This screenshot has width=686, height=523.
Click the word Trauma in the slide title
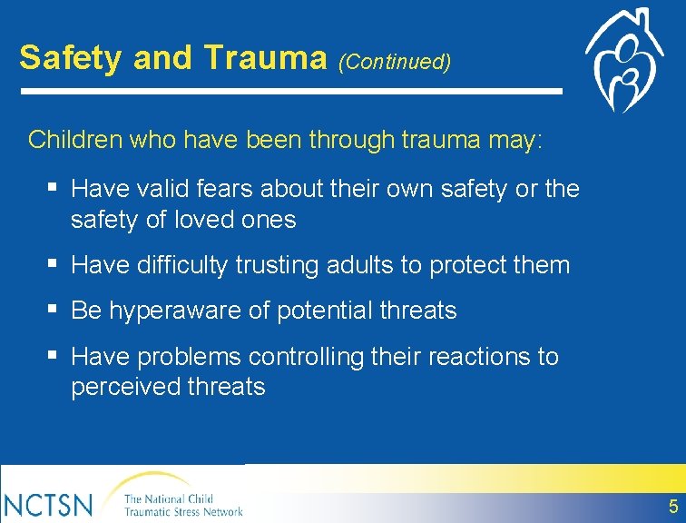(265, 58)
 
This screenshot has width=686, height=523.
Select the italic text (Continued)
(394, 62)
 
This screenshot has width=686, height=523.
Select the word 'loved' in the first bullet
(210, 220)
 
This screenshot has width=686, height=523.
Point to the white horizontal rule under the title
(290, 91)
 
